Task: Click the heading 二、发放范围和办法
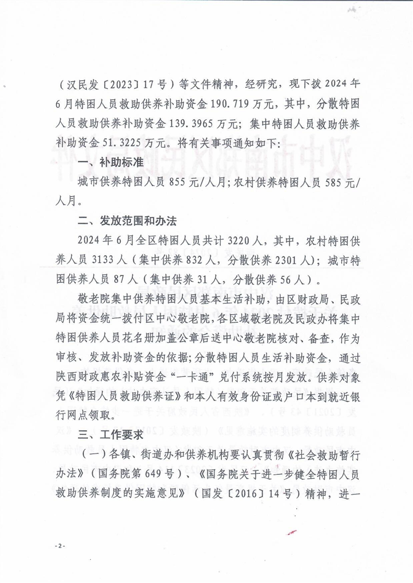click(127, 220)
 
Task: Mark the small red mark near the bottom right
click(293, 533)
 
